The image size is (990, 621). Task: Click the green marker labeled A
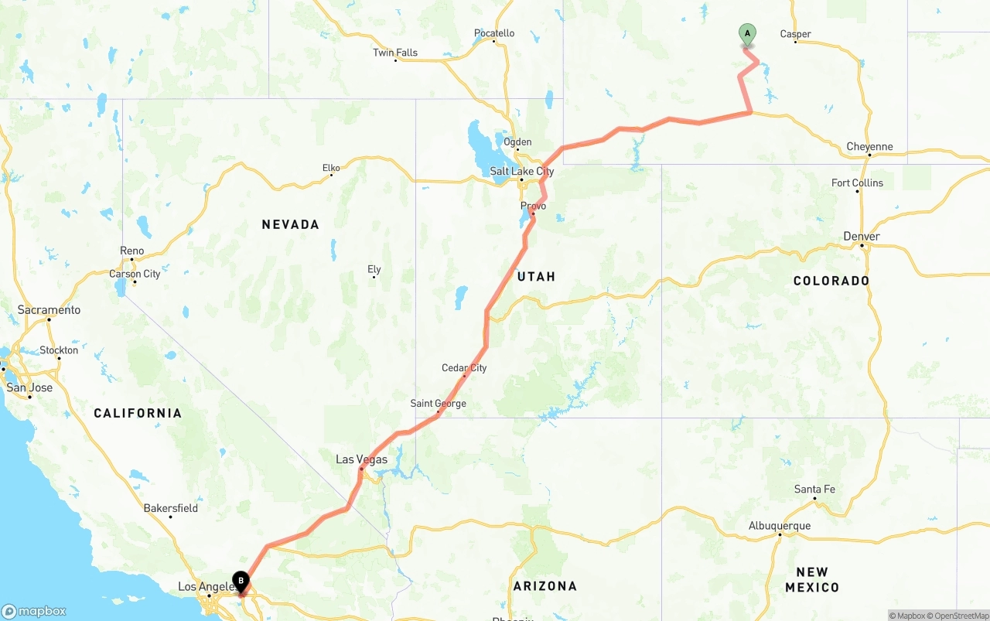pyautogui.click(x=747, y=34)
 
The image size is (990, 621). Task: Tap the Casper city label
pyautogui.click(x=795, y=34)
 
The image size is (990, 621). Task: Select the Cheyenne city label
pyautogui.click(x=869, y=147)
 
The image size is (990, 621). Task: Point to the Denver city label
pyautogui.click(x=862, y=237)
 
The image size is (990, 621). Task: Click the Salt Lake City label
pyautogui.click(x=521, y=172)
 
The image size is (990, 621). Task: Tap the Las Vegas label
pyautogui.click(x=361, y=460)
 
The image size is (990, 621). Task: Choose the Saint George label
pyautogui.click(x=438, y=404)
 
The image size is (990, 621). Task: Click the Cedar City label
pyautogui.click(x=464, y=368)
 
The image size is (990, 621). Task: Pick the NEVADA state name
pyautogui.click(x=290, y=225)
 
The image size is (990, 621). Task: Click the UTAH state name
pyautogui.click(x=536, y=277)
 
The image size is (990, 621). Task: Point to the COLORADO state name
pyautogui.click(x=831, y=281)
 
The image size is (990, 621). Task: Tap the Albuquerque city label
pyautogui.click(x=780, y=527)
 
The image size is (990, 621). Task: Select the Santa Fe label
pyautogui.click(x=814, y=490)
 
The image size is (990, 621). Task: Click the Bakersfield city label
pyautogui.click(x=170, y=509)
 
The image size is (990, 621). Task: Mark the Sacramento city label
pyautogui.click(x=49, y=310)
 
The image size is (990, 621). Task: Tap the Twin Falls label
pyautogui.click(x=395, y=53)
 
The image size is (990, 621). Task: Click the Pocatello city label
pyautogui.click(x=494, y=34)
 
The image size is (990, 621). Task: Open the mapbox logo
pyautogui.click(x=34, y=611)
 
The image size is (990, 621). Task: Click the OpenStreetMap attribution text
pyautogui.click(x=961, y=616)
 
